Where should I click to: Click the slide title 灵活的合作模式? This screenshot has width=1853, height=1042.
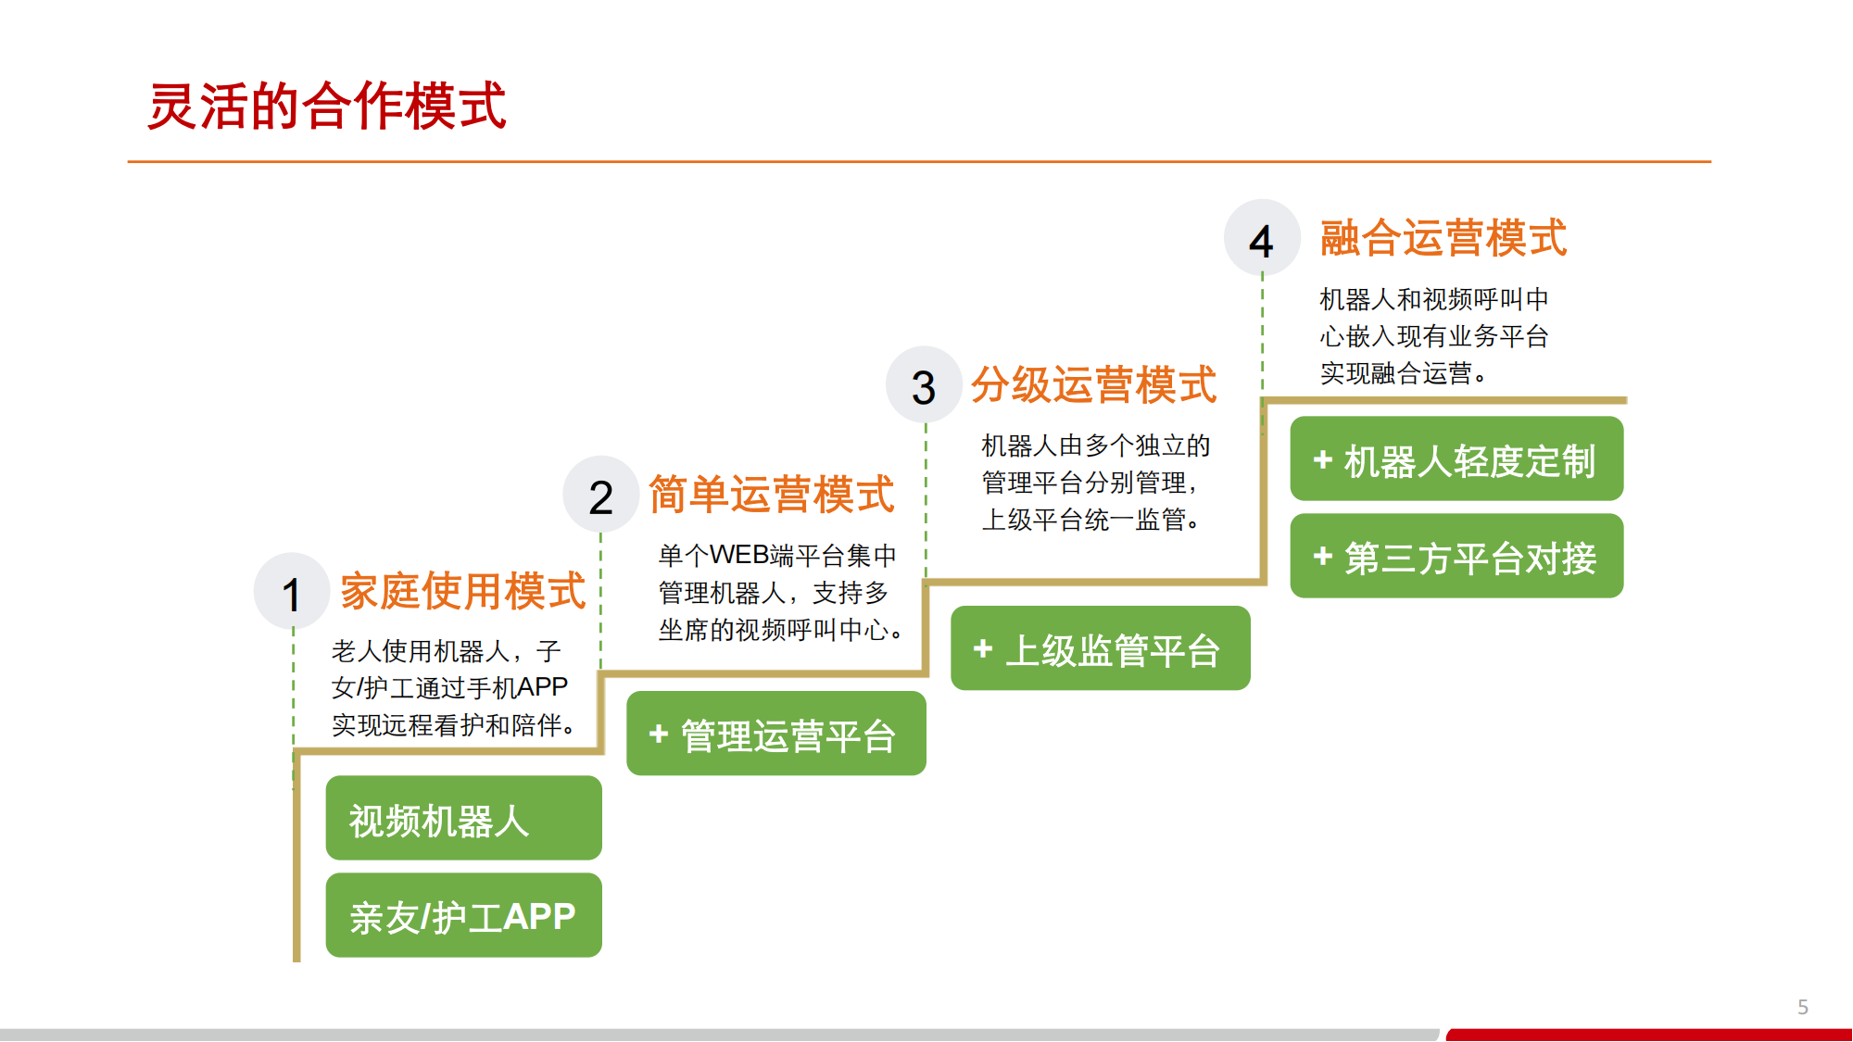click(x=327, y=106)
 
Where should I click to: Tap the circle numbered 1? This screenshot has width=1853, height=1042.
click(x=292, y=592)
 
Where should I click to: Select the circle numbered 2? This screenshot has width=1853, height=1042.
click(x=601, y=495)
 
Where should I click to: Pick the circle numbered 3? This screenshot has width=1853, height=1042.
click(x=924, y=384)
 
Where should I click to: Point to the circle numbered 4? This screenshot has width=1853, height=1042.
click(x=1262, y=238)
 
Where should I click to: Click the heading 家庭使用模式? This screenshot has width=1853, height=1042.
click(x=463, y=591)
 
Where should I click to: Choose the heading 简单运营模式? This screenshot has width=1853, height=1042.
click(x=772, y=494)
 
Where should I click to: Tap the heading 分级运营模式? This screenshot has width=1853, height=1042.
click(x=1093, y=384)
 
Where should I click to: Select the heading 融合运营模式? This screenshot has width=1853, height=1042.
click(x=1443, y=238)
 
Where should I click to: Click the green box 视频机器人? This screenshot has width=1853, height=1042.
click(x=464, y=818)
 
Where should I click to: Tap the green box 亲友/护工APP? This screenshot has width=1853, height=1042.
click(x=464, y=915)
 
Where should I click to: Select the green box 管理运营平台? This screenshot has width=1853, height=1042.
click(x=776, y=734)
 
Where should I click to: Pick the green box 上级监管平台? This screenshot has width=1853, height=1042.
click(x=1101, y=648)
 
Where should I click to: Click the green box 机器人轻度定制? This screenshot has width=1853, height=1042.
click(x=1457, y=458)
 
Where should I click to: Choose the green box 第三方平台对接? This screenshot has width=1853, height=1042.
click(x=1457, y=556)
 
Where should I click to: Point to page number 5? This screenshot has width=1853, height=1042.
click(x=1803, y=1007)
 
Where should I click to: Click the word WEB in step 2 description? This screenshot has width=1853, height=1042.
click(x=738, y=555)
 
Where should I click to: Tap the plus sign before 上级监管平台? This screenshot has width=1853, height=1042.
click(x=983, y=648)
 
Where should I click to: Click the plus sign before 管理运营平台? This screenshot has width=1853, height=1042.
click(x=659, y=734)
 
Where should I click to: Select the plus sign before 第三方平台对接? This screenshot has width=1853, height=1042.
click(x=1323, y=556)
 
